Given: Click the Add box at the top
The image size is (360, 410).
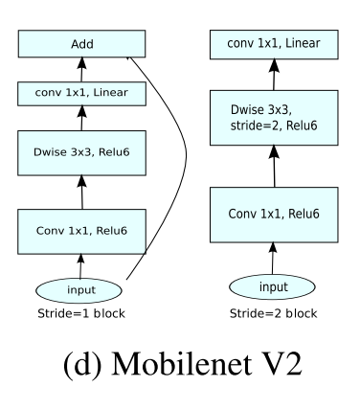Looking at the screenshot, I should [x=81, y=44].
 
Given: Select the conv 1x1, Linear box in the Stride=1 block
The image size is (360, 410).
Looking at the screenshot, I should [x=81, y=93].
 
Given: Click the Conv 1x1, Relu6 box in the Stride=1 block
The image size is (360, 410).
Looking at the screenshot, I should [x=81, y=229].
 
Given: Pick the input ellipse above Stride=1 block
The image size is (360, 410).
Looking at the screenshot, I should [x=81, y=290].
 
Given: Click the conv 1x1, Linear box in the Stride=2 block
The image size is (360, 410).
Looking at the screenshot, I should [x=273, y=44].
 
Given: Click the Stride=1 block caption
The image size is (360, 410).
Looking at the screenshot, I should [x=81, y=313].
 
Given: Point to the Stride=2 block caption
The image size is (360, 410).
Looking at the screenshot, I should [x=273, y=312].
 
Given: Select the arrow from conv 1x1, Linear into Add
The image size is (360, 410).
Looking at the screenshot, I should [x=81, y=69].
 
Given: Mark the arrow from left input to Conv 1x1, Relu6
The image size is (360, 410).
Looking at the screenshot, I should [x=81, y=265].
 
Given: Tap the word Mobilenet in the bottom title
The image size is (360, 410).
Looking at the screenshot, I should [x=169, y=366].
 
